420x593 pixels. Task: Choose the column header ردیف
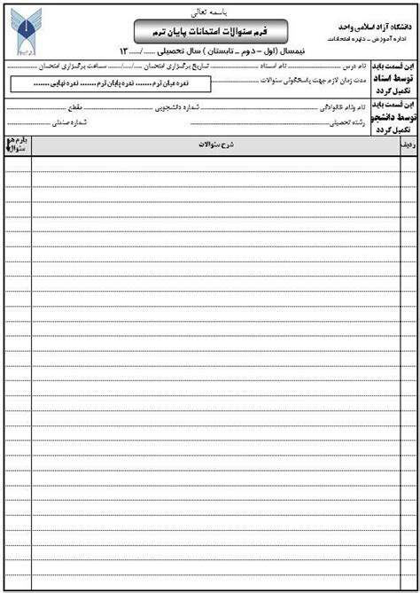click(408, 142)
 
